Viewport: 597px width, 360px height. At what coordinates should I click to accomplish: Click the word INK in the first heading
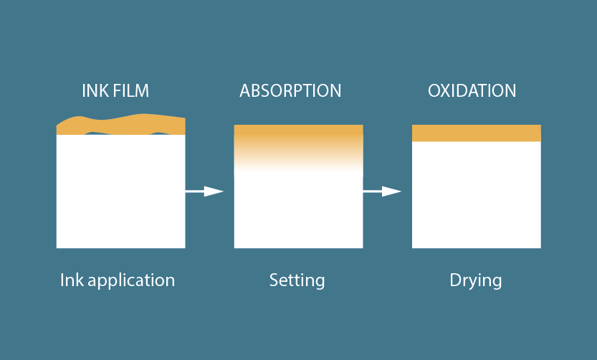(94, 91)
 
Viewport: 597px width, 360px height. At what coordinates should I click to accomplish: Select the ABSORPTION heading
(290, 91)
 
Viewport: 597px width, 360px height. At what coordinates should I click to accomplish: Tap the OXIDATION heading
(472, 91)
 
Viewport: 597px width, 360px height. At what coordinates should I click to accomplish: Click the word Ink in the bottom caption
(72, 279)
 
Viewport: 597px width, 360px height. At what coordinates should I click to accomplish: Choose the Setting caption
(297, 280)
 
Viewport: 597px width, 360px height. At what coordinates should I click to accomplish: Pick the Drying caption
(475, 280)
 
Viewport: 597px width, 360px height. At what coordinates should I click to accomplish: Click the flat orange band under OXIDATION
(476, 133)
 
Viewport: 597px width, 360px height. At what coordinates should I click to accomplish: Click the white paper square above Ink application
(120, 194)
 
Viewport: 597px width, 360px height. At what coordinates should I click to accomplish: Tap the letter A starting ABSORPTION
(245, 91)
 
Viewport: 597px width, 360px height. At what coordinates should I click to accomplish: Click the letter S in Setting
(274, 279)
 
